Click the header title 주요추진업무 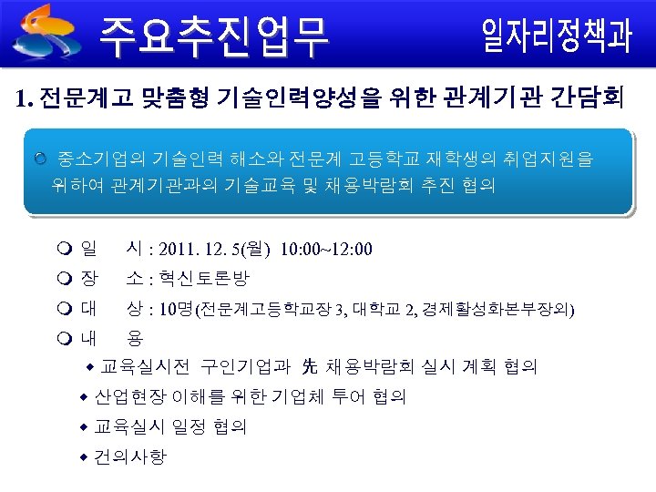pyautogui.click(x=214, y=36)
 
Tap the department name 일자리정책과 pyautogui.click(x=556, y=36)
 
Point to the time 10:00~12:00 pyautogui.click(x=326, y=249)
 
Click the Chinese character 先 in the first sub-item pyautogui.click(x=309, y=367)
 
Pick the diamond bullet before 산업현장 pyautogui.click(x=83, y=397)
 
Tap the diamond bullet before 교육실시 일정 pyautogui.click(x=83, y=427)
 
